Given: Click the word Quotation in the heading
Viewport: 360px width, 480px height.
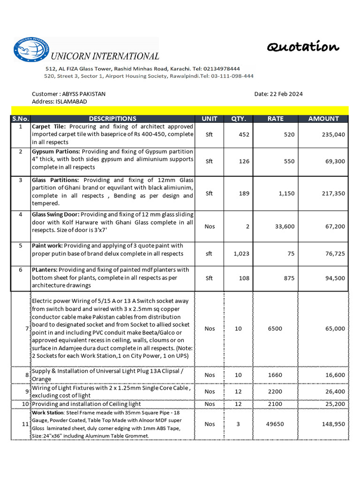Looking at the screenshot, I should point(303,47).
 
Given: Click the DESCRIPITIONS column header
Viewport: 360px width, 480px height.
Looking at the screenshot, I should point(112,119).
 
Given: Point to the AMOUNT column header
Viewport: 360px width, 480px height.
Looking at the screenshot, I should point(323,119).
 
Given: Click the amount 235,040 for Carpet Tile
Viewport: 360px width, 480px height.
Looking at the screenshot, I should point(333,135).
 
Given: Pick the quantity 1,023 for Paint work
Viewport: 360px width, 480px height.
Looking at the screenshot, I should point(241,254).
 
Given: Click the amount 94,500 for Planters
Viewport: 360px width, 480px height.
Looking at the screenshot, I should point(335,278).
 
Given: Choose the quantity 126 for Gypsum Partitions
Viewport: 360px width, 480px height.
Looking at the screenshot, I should point(244,161).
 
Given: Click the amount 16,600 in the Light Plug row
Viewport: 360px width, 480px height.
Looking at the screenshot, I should point(335,375).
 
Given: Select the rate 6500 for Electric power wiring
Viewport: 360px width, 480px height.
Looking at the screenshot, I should point(275,329).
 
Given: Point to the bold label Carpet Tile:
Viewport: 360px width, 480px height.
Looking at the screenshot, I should point(50,127).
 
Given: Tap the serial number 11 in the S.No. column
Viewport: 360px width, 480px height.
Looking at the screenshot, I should point(25,424).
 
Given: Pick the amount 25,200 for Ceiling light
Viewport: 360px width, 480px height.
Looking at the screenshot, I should point(335,404).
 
